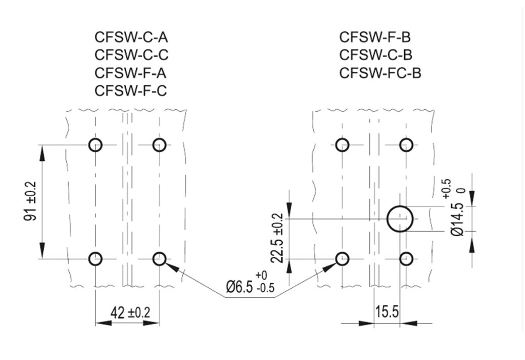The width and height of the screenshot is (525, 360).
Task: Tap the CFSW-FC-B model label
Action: pos(380,73)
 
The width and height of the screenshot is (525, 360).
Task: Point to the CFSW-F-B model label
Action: pos(375,37)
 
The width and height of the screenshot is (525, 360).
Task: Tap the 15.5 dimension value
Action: pos(386,312)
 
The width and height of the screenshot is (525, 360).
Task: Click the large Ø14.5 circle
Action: pos(400,219)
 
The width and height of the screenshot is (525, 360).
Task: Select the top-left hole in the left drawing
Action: pos(96,145)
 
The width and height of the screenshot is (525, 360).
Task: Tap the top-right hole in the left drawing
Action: pos(159,145)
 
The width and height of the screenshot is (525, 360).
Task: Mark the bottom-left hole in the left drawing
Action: pos(96,259)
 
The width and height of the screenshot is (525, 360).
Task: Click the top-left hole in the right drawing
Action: pos(343,145)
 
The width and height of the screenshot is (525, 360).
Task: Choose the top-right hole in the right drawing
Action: pos(406,145)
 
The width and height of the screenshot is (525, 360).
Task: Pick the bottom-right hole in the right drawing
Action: pos(406,259)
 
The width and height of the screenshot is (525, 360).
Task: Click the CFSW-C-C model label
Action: pos(130,55)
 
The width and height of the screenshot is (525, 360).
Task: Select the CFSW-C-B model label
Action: pos(375,55)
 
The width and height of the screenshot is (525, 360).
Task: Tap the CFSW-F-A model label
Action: pos(130,73)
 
